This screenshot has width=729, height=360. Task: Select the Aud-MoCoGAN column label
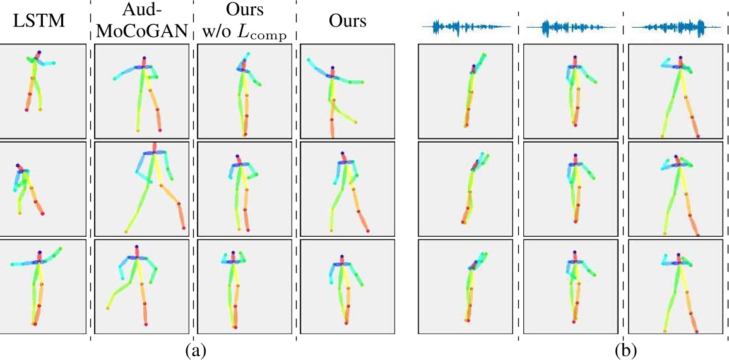pos(143,21)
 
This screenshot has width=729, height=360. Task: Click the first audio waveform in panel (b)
pos(469,27)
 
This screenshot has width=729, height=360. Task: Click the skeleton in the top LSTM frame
pos(35,80)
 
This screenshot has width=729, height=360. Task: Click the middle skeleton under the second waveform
pos(576,189)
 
